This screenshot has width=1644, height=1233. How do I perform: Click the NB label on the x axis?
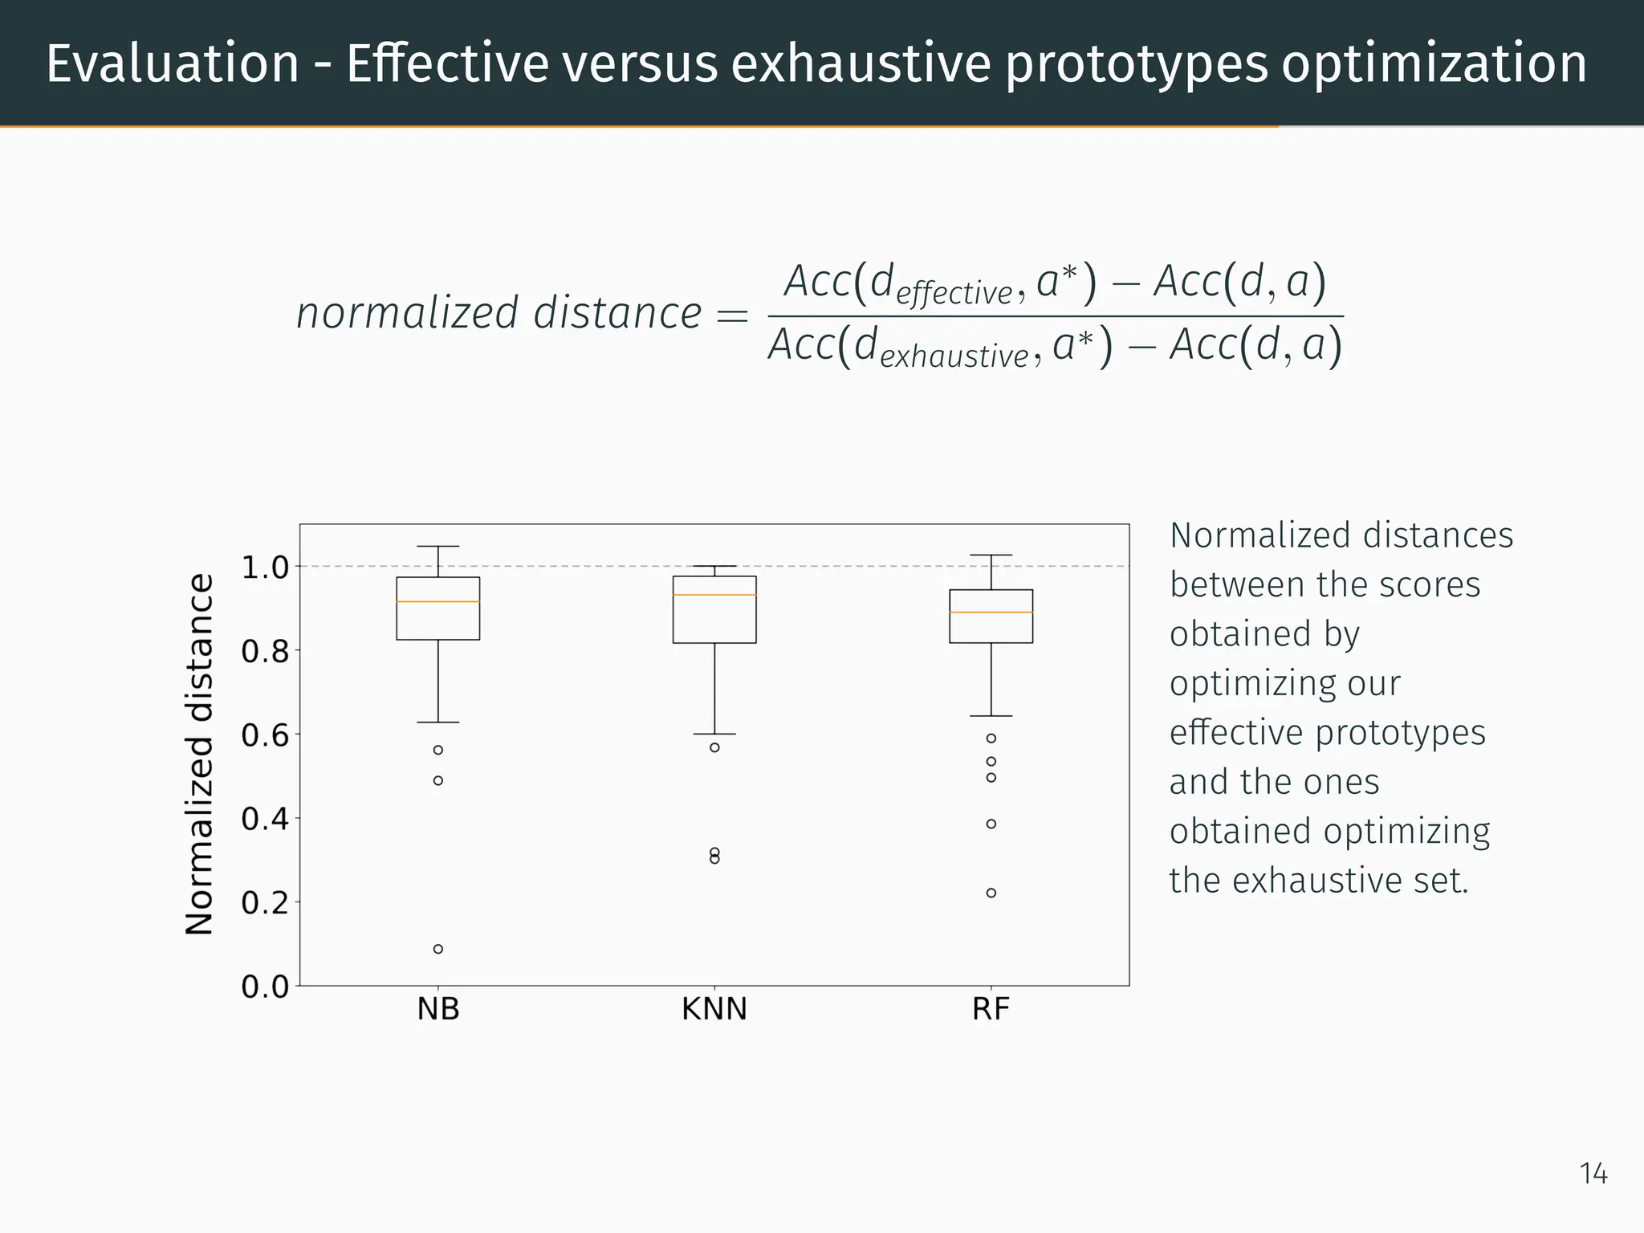pos(438,1009)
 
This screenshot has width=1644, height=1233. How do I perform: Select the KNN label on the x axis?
pos(714,1009)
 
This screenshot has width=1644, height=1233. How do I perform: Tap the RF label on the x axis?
pos(991,1009)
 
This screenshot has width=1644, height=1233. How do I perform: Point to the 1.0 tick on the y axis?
pos(265,568)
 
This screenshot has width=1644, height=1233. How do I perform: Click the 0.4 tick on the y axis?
pos(265,820)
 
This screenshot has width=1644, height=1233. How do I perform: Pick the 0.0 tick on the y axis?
pos(265,987)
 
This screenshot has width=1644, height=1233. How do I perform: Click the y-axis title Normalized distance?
pos(200,755)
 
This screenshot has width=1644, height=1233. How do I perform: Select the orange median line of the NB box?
pos(438,601)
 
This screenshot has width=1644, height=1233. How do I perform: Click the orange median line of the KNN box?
pos(714,595)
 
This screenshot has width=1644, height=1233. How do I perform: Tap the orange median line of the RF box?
pos(991,612)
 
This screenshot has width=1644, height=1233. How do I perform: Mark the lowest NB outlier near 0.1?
pos(438,949)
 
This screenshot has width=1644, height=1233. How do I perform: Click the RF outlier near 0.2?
pos(991,893)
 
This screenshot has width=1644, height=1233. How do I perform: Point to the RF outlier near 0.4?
pos(991,824)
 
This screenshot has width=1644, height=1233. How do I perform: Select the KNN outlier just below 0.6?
pos(714,747)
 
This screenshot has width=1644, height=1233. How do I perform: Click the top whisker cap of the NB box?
pos(438,547)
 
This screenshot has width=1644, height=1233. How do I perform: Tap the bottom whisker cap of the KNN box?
pos(714,734)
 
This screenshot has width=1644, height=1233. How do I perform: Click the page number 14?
pos(1593,1174)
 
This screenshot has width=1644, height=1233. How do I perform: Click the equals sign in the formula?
pos(731,315)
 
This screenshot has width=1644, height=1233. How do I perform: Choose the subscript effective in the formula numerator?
pos(954,294)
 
